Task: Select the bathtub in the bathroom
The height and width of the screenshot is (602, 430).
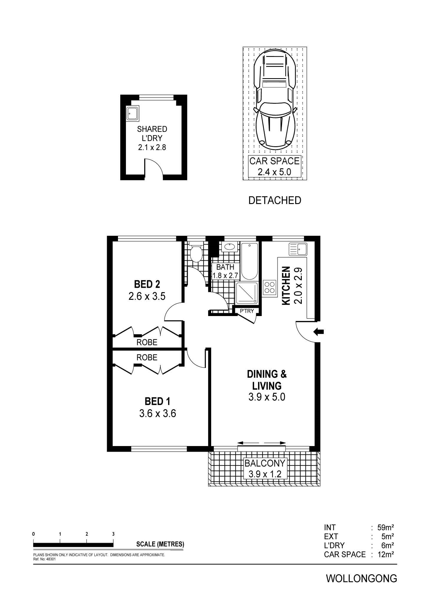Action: tap(249, 261)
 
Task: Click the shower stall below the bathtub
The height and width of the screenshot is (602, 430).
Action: tap(247, 292)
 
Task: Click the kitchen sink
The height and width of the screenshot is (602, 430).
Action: tap(298, 249)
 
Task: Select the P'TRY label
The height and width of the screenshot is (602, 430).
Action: tap(247, 311)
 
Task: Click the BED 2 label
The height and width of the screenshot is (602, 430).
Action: tap(147, 284)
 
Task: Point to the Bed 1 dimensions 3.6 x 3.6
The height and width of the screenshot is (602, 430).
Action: tap(157, 413)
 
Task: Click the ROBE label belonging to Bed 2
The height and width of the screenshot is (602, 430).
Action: tap(147, 342)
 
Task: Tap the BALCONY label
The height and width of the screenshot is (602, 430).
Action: tap(265, 463)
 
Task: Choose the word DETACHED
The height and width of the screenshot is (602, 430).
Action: tap(275, 200)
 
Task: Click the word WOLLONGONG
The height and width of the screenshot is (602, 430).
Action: tap(361, 578)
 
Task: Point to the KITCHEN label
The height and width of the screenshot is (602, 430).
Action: tap(286, 286)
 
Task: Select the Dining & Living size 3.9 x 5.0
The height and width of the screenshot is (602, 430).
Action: tap(267, 397)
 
